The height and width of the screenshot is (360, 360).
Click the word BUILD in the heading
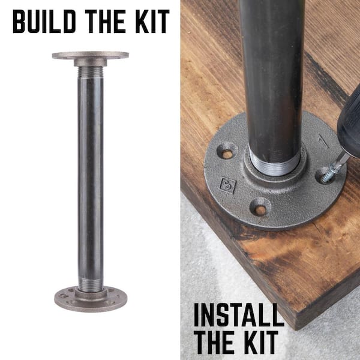pyautogui.click(x=44, y=22)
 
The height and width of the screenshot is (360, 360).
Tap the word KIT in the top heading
pyautogui.click(x=152, y=22)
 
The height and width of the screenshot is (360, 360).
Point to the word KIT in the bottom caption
pyautogui.click(x=261, y=342)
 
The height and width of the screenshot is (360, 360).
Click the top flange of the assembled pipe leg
pyautogui.click(x=91, y=58)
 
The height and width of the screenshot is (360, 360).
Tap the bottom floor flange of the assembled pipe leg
pyautogui.click(x=91, y=299)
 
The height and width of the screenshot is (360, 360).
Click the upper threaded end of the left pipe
pyautogui.click(x=91, y=72)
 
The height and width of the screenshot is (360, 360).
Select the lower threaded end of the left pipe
pyautogui.click(x=91, y=284)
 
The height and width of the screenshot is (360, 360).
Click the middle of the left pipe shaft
pyautogui.click(x=91, y=178)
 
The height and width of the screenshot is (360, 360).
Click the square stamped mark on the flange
pyautogui.click(x=227, y=185)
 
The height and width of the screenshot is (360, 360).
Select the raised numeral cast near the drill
pyautogui.click(x=324, y=141)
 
